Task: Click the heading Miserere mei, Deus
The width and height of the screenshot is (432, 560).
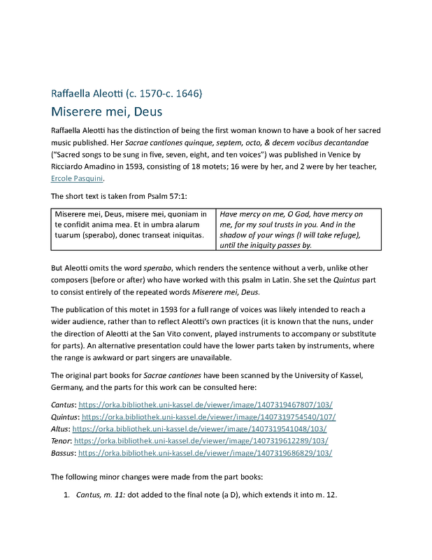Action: (x=107, y=111)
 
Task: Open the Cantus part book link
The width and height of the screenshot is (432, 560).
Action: (x=206, y=405)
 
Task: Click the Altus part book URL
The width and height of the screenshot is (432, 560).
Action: (x=199, y=428)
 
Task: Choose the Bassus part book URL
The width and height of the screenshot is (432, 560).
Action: (x=206, y=452)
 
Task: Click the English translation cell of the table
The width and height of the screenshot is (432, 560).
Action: (x=298, y=229)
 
